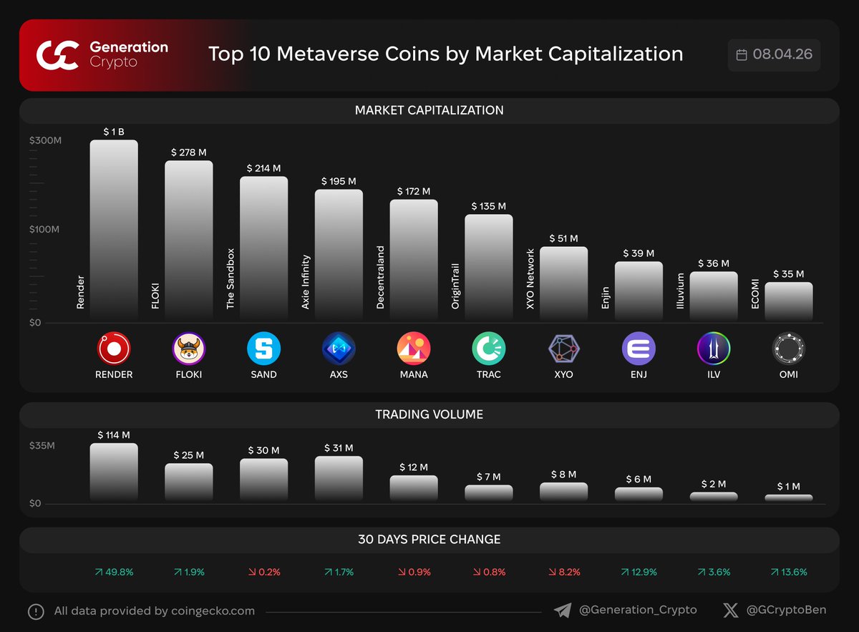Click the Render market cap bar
tap(114, 229)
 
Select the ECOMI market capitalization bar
tap(788, 301)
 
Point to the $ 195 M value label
tap(339, 181)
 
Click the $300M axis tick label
tap(45, 141)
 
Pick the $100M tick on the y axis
tap(45, 230)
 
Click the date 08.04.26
tap(782, 55)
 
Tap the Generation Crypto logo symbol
tap(57, 55)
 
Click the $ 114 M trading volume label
tap(114, 434)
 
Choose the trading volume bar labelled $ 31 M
tap(339, 478)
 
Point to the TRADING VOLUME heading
tap(429, 414)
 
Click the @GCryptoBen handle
tap(786, 610)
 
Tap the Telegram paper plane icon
tap(563, 610)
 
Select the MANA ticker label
tap(414, 374)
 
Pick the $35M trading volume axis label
tap(42, 446)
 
